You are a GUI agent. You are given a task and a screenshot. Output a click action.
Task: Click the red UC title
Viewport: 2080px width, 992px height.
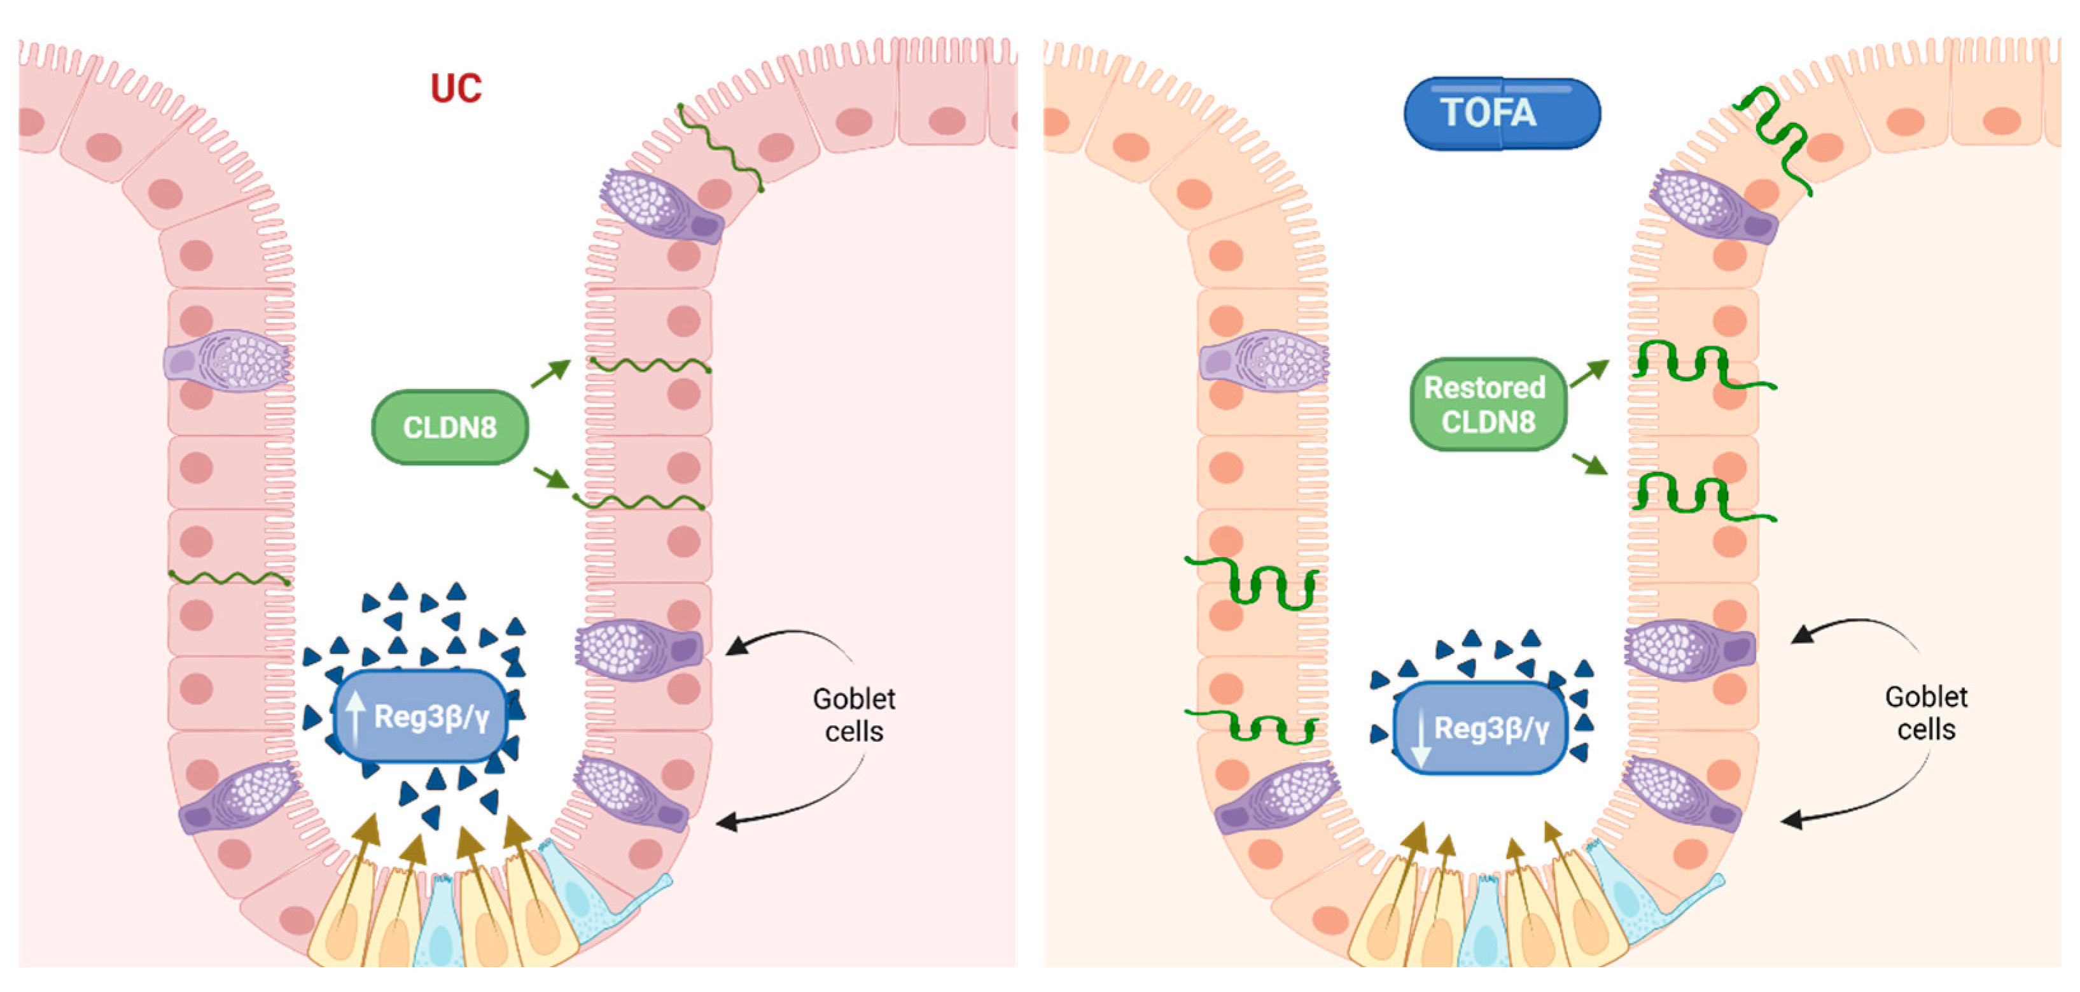(x=456, y=88)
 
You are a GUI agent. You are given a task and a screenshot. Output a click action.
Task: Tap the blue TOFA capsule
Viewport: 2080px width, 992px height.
(x=1502, y=113)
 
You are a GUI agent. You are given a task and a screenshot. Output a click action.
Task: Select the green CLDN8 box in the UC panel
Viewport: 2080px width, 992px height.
(x=450, y=427)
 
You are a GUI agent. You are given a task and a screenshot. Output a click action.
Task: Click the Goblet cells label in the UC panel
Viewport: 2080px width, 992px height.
(x=853, y=715)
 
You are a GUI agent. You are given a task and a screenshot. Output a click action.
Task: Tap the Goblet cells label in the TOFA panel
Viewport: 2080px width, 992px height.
(x=1926, y=713)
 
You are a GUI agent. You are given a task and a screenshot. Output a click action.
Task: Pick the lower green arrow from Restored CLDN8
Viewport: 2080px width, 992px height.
(x=1589, y=464)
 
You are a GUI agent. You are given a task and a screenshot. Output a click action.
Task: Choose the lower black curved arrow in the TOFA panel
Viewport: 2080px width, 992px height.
(x=1857, y=808)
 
